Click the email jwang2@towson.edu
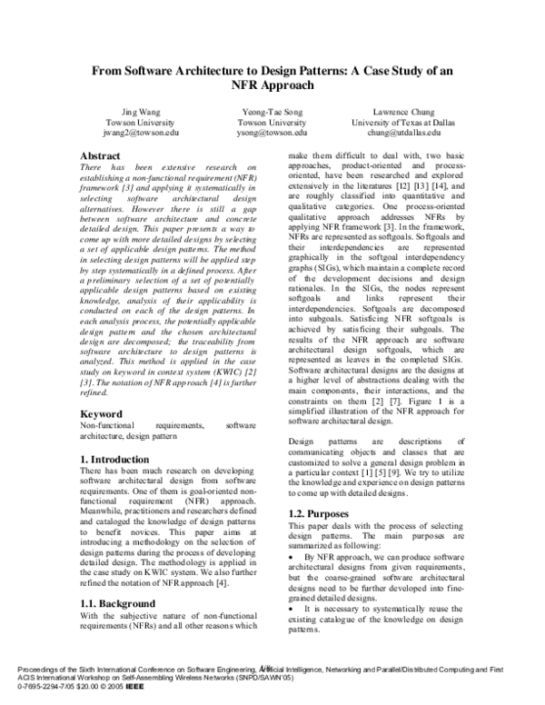coord(132,133)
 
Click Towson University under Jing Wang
coord(132,122)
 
